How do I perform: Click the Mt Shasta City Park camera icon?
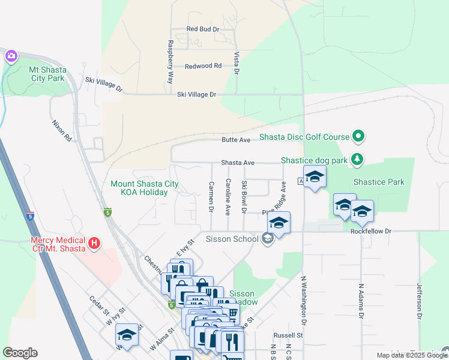click(11, 56)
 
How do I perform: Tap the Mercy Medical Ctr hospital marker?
click(94, 244)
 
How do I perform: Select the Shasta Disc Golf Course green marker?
click(358, 137)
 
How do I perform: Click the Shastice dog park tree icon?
click(357, 159)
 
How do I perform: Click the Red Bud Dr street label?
click(203, 29)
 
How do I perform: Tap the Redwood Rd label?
click(203, 66)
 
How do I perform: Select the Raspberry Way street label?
click(170, 62)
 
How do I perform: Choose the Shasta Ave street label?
click(238, 163)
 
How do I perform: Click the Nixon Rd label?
click(61, 130)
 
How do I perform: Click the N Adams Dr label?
click(361, 301)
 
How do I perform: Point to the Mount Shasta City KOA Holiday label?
click(145, 188)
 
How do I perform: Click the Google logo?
click(20, 353)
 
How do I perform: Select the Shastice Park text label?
click(379, 182)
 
